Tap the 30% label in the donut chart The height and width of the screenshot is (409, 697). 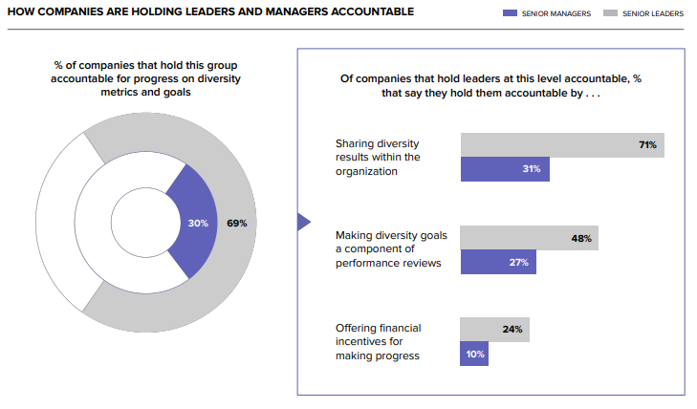198,224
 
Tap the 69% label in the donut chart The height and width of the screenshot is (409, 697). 237,224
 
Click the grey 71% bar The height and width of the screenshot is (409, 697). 562,145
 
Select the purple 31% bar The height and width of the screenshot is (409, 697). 505,169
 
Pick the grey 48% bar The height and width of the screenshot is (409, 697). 529,238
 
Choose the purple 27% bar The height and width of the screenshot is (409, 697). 498,262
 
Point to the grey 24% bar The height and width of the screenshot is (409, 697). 493,330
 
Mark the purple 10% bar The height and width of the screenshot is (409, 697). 474,354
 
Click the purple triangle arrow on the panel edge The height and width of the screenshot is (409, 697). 303,223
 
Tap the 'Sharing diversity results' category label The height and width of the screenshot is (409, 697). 376,157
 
